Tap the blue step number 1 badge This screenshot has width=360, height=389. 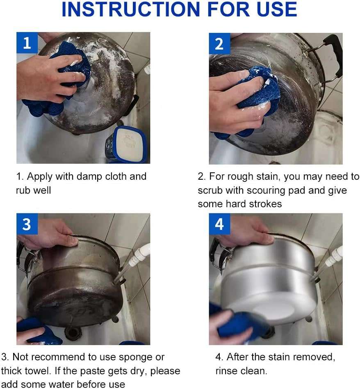tap(27, 43)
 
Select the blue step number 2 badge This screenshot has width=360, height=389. tap(219, 43)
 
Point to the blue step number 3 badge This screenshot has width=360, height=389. tap(27, 224)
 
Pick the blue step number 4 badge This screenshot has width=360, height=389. tap(219, 224)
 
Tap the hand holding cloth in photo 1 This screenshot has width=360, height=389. tap(49, 78)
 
